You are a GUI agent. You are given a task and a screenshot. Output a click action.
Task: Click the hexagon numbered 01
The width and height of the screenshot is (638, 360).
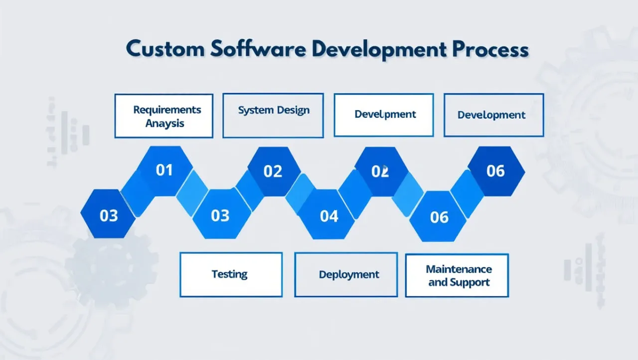[164, 171]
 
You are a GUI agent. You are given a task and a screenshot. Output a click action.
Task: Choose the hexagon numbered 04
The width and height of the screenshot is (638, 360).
[329, 216]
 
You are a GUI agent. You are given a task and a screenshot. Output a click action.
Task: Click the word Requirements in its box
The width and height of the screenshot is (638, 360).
[167, 110]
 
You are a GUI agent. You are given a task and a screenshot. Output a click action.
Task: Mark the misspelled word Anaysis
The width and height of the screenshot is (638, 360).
[165, 123]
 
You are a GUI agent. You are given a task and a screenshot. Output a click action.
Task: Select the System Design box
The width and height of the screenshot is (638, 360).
[273, 115]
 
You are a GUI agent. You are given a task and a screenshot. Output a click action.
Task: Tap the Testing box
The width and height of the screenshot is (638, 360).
[230, 274]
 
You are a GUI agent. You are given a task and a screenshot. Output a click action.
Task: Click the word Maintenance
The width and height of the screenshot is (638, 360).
[459, 269]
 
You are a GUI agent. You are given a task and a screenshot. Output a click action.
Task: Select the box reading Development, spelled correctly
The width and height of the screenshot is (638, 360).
[493, 115]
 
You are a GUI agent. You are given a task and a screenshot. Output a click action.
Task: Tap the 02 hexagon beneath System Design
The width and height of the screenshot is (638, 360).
[273, 172]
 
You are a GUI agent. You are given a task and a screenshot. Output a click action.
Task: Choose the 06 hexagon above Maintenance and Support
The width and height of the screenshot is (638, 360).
[439, 217]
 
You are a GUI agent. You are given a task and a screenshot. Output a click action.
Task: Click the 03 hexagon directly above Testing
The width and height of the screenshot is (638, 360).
[220, 215]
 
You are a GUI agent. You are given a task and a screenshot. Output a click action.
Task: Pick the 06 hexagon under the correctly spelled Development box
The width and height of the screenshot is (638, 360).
[495, 171]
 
